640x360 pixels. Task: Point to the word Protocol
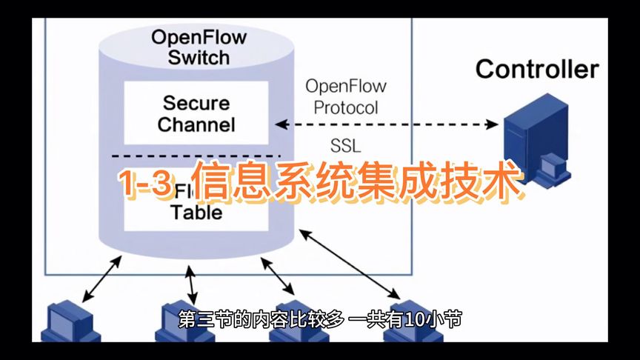tap(346, 107)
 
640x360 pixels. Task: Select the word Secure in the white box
tap(196, 102)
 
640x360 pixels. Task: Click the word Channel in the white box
tap(196, 124)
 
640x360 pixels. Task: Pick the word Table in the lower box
tap(196, 213)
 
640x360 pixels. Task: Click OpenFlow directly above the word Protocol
tap(346, 86)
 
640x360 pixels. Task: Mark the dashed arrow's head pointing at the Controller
tap(493, 125)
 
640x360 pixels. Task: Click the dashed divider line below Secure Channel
tap(196, 156)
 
